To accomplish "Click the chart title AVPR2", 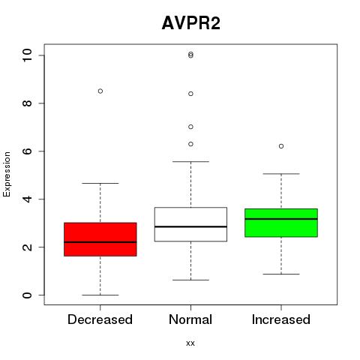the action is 191,23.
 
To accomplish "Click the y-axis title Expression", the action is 7,174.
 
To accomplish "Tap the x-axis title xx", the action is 190,343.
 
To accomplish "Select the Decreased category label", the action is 100,319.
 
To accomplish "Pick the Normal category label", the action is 190,319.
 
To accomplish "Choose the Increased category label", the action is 281,319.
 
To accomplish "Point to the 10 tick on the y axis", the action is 27,55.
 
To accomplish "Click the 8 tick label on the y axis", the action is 27,103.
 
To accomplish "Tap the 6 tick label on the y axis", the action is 27,151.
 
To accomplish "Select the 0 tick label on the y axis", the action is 27,295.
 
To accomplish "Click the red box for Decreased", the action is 100,239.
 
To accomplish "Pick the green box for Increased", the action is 281,223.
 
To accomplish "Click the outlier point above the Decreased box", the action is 100,91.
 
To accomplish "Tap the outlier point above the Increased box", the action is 281,146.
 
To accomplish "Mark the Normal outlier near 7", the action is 190,127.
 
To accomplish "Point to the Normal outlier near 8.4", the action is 190,94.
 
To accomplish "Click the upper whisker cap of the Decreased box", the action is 100,183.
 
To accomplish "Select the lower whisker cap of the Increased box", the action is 281,274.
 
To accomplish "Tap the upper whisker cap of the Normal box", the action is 190,161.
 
